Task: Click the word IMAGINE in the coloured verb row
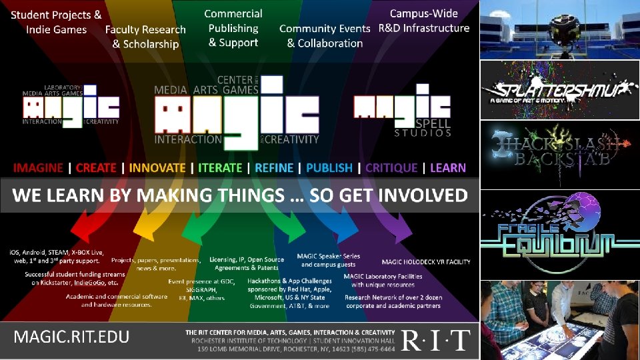coord(39,167)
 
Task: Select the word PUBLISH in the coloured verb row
coord(329,167)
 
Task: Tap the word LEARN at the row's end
coord(448,167)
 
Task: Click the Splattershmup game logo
coord(560,90)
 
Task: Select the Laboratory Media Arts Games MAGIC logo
coord(71,107)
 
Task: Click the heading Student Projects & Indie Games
coord(57,21)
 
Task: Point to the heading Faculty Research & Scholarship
coord(145,37)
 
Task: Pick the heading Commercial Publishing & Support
coord(233,28)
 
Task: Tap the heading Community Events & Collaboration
coord(325,36)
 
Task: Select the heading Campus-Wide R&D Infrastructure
coord(424,21)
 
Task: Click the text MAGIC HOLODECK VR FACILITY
coord(426,262)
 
